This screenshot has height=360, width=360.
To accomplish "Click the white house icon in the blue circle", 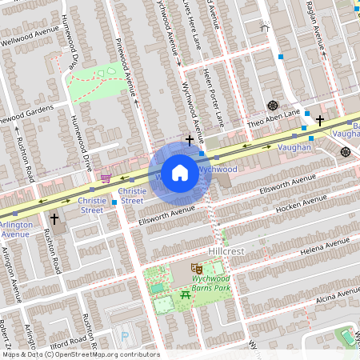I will point(180,173).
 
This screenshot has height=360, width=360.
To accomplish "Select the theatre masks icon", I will point(195,270).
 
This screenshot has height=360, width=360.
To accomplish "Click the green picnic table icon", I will point(186,297).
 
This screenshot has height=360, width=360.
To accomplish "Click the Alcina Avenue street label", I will point(328,298).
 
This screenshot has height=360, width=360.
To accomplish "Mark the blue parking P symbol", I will point(124,336).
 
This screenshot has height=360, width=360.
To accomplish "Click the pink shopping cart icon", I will point(106,178).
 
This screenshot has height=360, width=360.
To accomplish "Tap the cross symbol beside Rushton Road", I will point(54,218).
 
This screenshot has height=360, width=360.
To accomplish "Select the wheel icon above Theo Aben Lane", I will point(273,105).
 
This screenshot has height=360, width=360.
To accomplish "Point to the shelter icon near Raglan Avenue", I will point(266,26).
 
